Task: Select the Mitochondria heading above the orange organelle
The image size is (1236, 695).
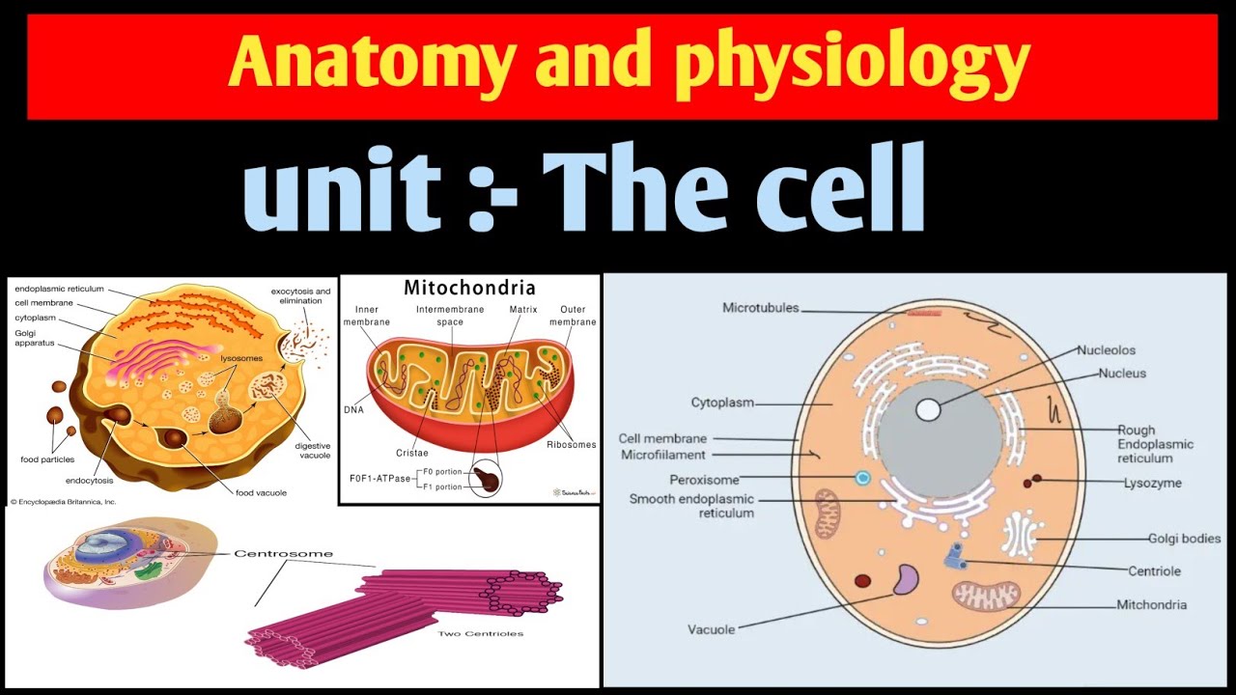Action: click(x=469, y=288)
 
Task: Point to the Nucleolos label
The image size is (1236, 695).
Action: click(x=1106, y=350)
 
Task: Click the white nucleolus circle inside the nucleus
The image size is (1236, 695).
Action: click(x=928, y=409)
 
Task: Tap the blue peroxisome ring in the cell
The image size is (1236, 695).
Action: click(x=862, y=478)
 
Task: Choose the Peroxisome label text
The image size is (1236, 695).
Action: click(x=704, y=480)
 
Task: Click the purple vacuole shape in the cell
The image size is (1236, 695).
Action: click(x=905, y=580)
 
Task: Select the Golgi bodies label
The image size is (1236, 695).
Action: click(x=1184, y=539)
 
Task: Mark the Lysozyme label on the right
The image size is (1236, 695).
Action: click(x=1152, y=483)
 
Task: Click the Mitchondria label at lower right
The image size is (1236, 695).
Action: click(x=1151, y=605)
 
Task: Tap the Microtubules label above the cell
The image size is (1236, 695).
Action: click(x=760, y=308)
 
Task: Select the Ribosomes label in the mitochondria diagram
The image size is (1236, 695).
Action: click(x=571, y=445)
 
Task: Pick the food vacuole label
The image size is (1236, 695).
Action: click(x=261, y=493)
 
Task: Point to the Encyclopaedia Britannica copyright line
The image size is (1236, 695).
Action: click(x=63, y=502)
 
